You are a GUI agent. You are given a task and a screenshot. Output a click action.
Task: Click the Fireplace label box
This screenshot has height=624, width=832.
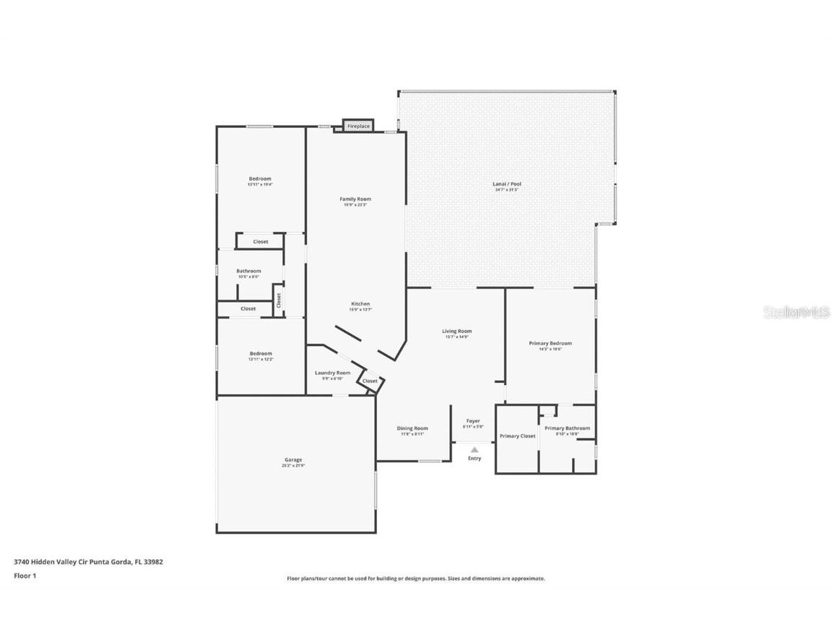(358, 126)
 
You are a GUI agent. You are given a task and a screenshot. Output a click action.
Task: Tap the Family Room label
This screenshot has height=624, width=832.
(355, 199)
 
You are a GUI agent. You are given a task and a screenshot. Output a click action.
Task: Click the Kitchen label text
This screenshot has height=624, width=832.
(360, 304)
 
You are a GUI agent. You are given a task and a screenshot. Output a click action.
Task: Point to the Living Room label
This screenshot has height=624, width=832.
(456, 331)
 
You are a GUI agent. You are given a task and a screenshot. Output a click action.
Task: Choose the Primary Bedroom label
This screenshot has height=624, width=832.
(550, 344)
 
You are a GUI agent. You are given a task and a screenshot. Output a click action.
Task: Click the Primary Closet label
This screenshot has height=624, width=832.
(517, 436)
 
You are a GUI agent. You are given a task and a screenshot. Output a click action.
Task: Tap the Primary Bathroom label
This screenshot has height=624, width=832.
(567, 428)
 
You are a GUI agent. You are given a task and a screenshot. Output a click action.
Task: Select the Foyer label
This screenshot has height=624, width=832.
(473, 421)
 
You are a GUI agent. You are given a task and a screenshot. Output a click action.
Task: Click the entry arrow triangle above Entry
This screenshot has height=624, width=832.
(474, 449)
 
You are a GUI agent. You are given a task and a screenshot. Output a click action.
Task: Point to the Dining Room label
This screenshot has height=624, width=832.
(413, 428)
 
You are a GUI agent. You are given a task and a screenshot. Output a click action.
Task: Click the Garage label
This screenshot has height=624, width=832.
(293, 460)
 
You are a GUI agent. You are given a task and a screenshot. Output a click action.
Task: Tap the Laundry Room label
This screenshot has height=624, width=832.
(332, 373)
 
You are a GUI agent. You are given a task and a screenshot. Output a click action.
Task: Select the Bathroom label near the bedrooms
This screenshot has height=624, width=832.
(248, 272)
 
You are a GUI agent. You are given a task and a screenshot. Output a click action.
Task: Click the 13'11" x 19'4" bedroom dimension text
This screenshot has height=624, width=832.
(260, 185)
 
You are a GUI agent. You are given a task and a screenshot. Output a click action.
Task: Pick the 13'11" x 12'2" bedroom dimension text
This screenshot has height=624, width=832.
(261, 360)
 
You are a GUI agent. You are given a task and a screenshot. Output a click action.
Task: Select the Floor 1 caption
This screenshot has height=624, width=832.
(25, 576)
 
